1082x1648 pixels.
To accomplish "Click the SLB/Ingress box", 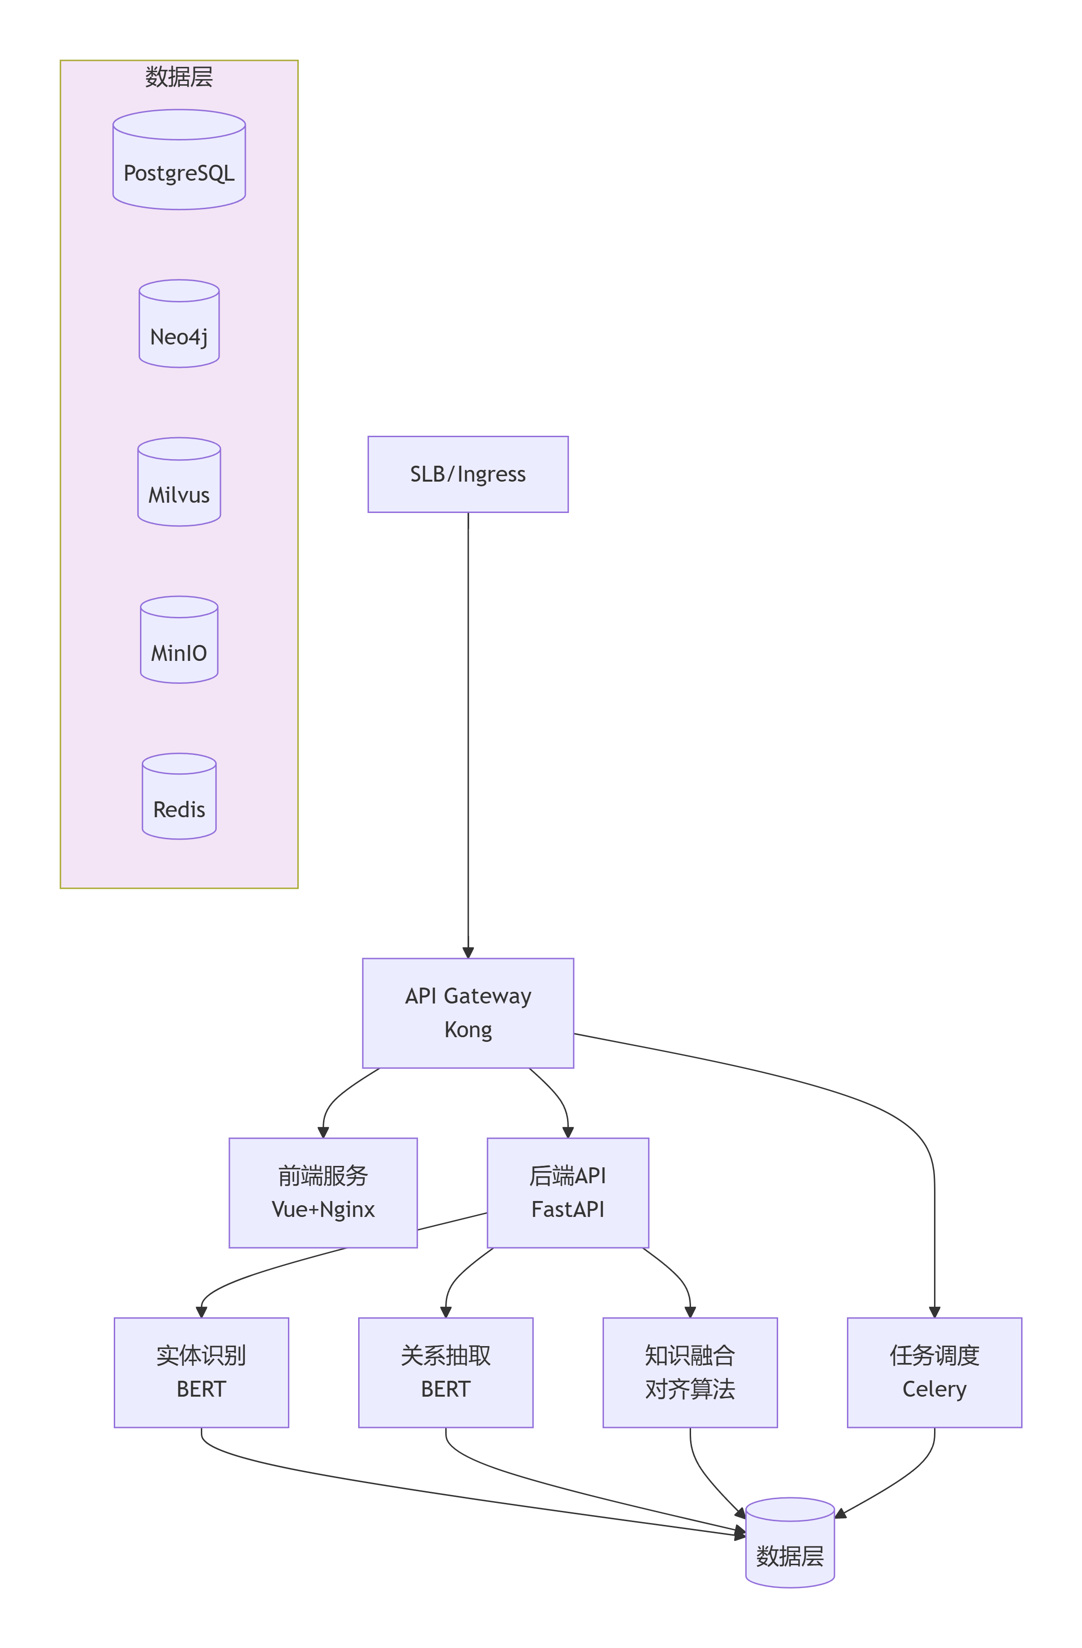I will point(468,474).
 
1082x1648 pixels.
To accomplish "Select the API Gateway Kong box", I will point(468,1012).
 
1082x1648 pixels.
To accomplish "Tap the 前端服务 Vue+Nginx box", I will point(323,1193).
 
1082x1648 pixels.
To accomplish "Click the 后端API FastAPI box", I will point(567,1193).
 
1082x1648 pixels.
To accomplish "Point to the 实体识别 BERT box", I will point(201,1372).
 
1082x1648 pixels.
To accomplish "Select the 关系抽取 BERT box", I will point(445,1372).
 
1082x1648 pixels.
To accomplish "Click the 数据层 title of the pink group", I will point(179,77).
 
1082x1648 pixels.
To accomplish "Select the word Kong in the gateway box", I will point(468,1030).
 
